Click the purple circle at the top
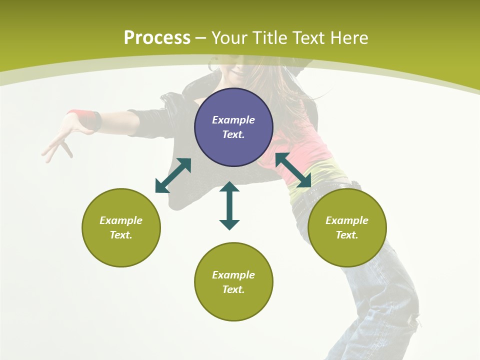click(233, 127)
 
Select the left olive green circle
click(121, 227)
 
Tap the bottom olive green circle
click(233, 282)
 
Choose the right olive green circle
click(347, 227)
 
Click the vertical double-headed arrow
click(229, 205)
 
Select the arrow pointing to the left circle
click(173, 175)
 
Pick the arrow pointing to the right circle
click(293, 170)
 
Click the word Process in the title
click(157, 38)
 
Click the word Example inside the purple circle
click(233, 120)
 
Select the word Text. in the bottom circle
click(233, 289)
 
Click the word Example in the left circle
click(121, 220)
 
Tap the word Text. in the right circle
click(347, 235)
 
